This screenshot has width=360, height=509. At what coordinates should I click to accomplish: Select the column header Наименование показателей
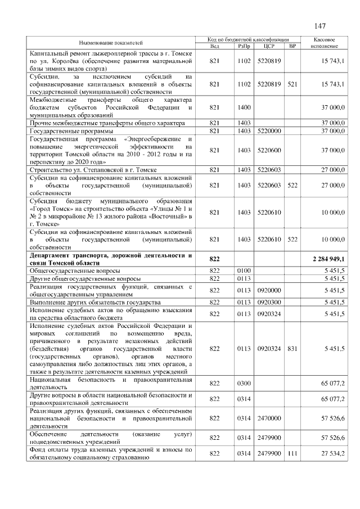pos(110,43)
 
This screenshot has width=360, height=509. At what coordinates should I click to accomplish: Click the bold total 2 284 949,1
pos(328,258)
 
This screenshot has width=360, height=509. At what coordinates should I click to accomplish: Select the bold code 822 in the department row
pos(214,258)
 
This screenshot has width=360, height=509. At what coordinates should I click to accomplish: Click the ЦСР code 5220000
pos(268,130)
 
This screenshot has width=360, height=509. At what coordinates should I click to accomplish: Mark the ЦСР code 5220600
pos(268,150)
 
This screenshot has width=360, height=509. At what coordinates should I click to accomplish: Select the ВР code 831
pos(292,349)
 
